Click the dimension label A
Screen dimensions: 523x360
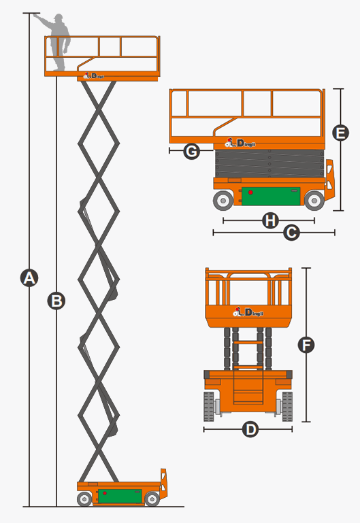pyautogui.click(x=29, y=277)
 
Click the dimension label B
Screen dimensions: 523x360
pyautogui.click(x=56, y=299)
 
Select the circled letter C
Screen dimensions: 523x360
pyautogui.click(x=291, y=233)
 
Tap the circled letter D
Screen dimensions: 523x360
pyautogui.click(x=250, y=430)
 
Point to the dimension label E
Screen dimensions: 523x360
pyautogui.click(x=341, y=133)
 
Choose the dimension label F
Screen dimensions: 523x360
pyautogui.click(x=307, y=345)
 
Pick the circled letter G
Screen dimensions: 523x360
pyautogui.click(x=192, y=151)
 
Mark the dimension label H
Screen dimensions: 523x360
pyautogui.click(x=270, y=220)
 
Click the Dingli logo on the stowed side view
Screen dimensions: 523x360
pyautogui.click(x=240, y=142)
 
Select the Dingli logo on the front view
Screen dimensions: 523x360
pyautogui.click(x=248, y=312)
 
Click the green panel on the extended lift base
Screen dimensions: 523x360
pyautogui.click(x=119, y=496)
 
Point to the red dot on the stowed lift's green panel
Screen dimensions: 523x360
pyautogui.click(x=250, y=192)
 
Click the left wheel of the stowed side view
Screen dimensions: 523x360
pyautogui.click(x=223, y=200)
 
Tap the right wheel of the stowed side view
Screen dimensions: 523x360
pyautogui.click(x=314, y=200)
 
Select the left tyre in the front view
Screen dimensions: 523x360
pyautogui.click(x=210, y=406)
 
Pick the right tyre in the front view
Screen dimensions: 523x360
pyautogui.click(x=287, y=406)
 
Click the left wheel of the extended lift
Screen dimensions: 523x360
pyautogui.click(x=84, y=500)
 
